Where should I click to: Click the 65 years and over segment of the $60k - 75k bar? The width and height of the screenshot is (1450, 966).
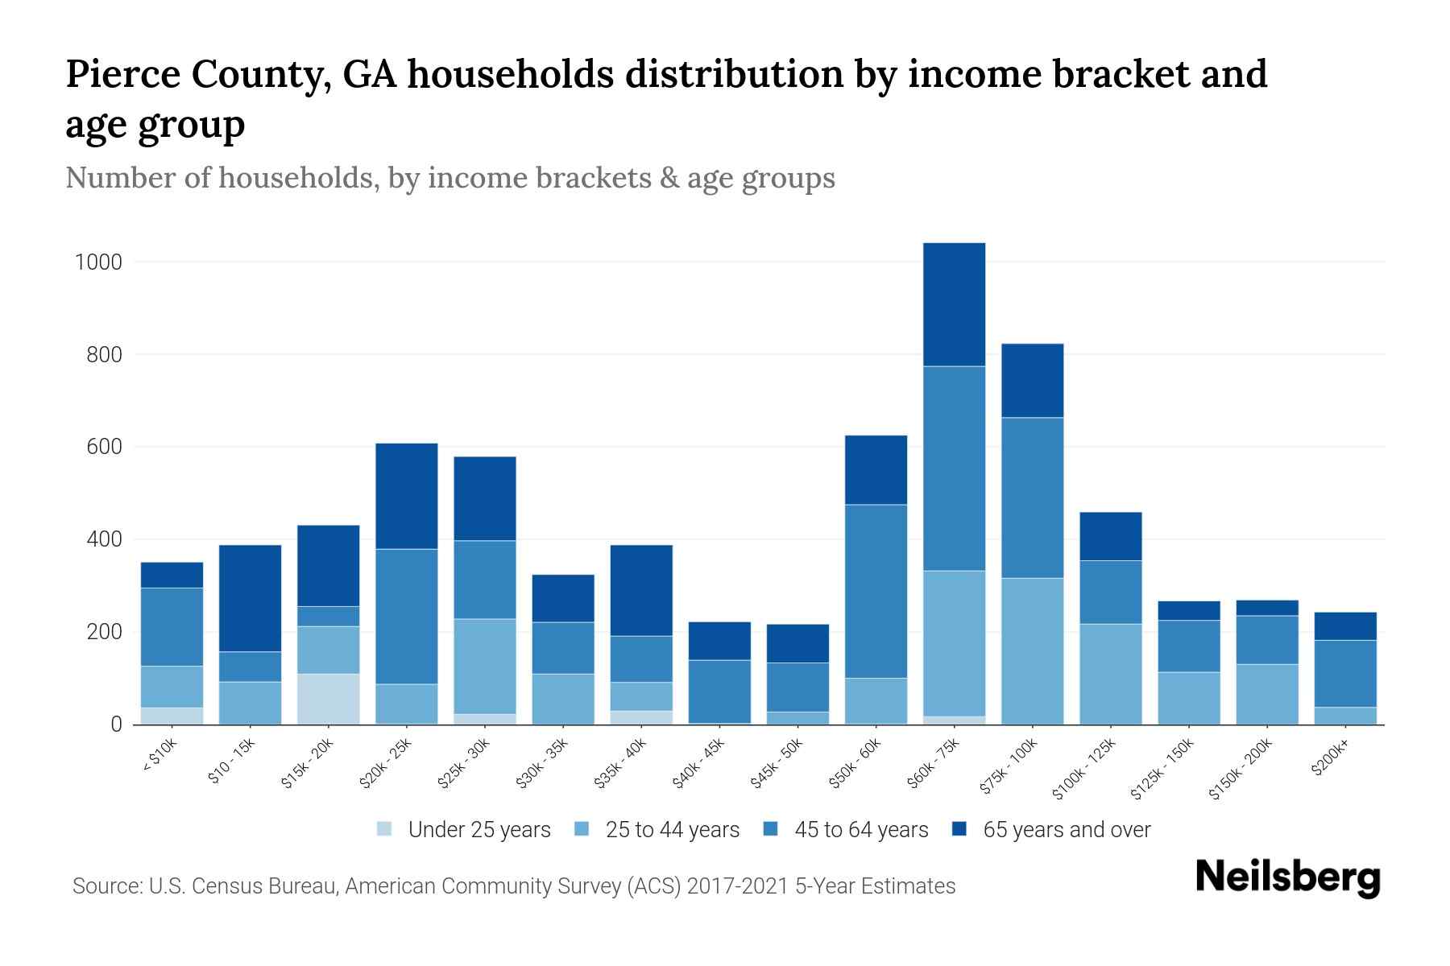click(954, 304)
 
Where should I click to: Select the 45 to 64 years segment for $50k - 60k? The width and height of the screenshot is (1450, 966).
click(876, 591)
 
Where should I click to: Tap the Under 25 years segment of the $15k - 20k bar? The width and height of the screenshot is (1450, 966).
click(328, 699)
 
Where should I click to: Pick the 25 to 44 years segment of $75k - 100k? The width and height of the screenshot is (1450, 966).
click(1032, 650)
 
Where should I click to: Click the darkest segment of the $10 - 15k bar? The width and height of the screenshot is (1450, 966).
click(250, 598)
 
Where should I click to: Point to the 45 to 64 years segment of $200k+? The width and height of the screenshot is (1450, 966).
click(1344, 673)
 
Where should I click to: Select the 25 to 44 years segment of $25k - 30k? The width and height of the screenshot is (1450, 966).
click(484, 666)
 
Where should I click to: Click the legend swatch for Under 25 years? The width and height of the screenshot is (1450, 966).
click(385, 828)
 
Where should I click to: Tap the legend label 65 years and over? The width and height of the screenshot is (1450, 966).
click(1067, 829)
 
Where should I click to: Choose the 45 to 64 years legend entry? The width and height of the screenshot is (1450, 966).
click(861, 829)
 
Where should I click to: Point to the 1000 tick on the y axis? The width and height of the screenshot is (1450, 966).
click(98, 262)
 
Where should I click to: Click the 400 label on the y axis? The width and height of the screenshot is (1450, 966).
click(104, 539)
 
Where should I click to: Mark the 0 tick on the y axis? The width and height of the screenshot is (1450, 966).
click(116, 724)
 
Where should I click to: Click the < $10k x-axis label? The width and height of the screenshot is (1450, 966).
click(159, 757)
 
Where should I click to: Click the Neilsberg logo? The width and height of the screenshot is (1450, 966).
click(1287, 877)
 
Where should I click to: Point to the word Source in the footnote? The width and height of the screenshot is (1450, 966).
click(106, 885)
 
